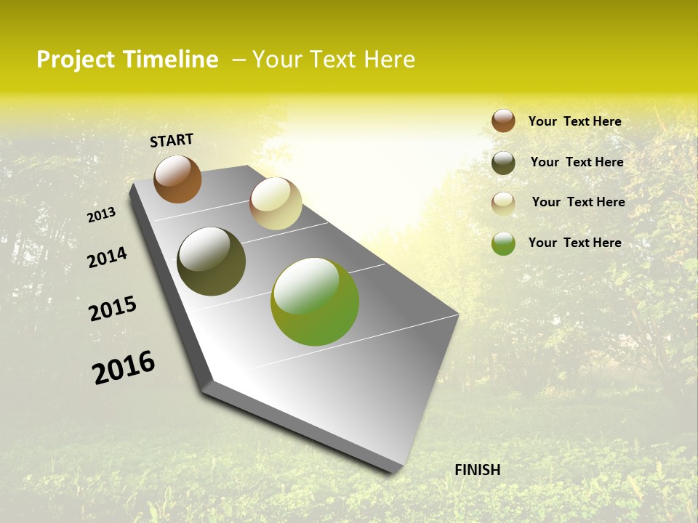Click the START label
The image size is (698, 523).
(172, 140)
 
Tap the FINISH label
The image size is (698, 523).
(477, 470)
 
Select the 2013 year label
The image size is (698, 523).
(101, 215)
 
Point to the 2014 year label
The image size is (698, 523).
(107, 258)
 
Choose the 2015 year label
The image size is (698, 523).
(113, 309)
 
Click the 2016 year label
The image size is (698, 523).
(124, 367)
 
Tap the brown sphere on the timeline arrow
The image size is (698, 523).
(177, 179)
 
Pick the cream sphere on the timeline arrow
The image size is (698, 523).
(276, 203)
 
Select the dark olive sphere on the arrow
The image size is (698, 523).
(211, 261)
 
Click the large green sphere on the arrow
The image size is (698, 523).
(315, 301)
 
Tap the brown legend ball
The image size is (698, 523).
(503, 121)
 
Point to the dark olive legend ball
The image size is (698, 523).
(503, 163)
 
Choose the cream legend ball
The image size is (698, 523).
(503, 203)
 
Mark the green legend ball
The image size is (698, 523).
(503, 243)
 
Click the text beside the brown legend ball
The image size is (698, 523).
(574, 121)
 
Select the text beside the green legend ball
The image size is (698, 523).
(574, 243)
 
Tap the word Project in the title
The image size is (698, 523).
(75, 60)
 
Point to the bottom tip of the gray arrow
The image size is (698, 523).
(393, 471)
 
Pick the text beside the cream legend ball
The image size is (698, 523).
(578, 202)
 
